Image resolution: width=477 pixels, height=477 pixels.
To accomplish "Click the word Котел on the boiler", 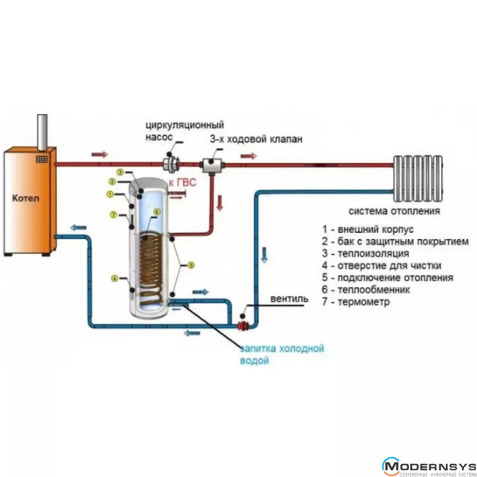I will [27, 198].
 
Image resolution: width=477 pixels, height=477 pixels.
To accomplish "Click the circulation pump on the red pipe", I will [170, 164].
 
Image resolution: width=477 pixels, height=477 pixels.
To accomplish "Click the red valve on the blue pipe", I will [244, 325].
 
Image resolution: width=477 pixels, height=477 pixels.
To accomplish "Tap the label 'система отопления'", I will [394, 211].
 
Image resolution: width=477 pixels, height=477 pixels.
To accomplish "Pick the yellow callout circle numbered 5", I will [191, 265].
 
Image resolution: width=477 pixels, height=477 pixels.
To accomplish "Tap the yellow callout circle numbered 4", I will [114, 278].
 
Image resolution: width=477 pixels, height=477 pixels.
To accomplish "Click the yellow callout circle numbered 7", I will [113, 215].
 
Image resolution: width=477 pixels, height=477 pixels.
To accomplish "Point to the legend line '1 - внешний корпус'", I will [364, 229].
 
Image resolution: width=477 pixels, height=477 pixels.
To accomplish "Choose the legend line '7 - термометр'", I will [356, 302].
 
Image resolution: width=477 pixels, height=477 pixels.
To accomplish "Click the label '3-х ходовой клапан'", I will [256, 139].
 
